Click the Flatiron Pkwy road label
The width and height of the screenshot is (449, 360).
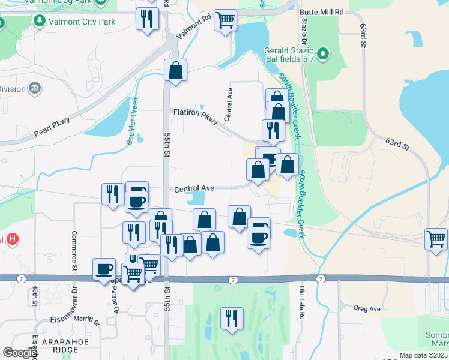(x=195, y=112)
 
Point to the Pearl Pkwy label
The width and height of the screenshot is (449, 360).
(x=52, y=125)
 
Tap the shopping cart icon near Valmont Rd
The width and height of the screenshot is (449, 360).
(x=225, y=21)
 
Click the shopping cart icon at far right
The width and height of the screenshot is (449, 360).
(x=436, y=239)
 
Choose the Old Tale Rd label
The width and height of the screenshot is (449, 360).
(x=302, y=302)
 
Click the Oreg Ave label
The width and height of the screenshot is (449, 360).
(x=367, y=309)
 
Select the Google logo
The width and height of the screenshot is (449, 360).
(x=20, y=353)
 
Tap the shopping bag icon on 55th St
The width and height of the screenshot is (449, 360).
(x=175, y=71)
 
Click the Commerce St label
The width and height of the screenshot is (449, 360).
(x=75, y=250)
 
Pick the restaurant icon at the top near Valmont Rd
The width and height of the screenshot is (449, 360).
(x=146, y=19)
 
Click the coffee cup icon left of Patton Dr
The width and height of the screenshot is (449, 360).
(x=104, y=268)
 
